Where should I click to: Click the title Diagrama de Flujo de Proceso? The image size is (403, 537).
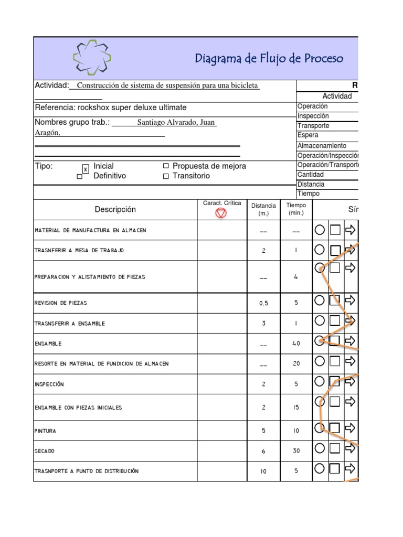coord(269,58)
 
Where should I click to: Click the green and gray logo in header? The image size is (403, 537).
coord(92,58)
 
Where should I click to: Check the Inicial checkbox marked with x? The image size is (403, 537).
coord(86,169)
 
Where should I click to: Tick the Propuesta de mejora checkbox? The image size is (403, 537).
coord(166,166)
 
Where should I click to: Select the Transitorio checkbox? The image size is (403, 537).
coord(166,176)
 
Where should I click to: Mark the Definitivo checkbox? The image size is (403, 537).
coord(80,177)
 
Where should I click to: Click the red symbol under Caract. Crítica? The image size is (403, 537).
coord(221,213)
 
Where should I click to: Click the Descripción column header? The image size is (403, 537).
coord(115,209)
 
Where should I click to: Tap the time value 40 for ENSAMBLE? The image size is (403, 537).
coord(296,344)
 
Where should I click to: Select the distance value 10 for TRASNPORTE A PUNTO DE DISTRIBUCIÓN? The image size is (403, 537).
coord(263,471)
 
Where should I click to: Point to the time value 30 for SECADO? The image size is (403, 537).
coord(296,451)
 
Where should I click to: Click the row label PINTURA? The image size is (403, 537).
coord(46,431)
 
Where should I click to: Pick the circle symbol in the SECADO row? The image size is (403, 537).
coord(320,448)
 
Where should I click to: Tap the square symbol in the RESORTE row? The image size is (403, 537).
coord(335,361)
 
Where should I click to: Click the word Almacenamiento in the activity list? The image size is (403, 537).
coord(322,146)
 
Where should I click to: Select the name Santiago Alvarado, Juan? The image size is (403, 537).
coord(176,123)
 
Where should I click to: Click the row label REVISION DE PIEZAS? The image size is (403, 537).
coord(61,303)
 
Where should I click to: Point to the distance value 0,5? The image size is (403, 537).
coord(263,303)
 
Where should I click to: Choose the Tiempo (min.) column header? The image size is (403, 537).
coord(296,209)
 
